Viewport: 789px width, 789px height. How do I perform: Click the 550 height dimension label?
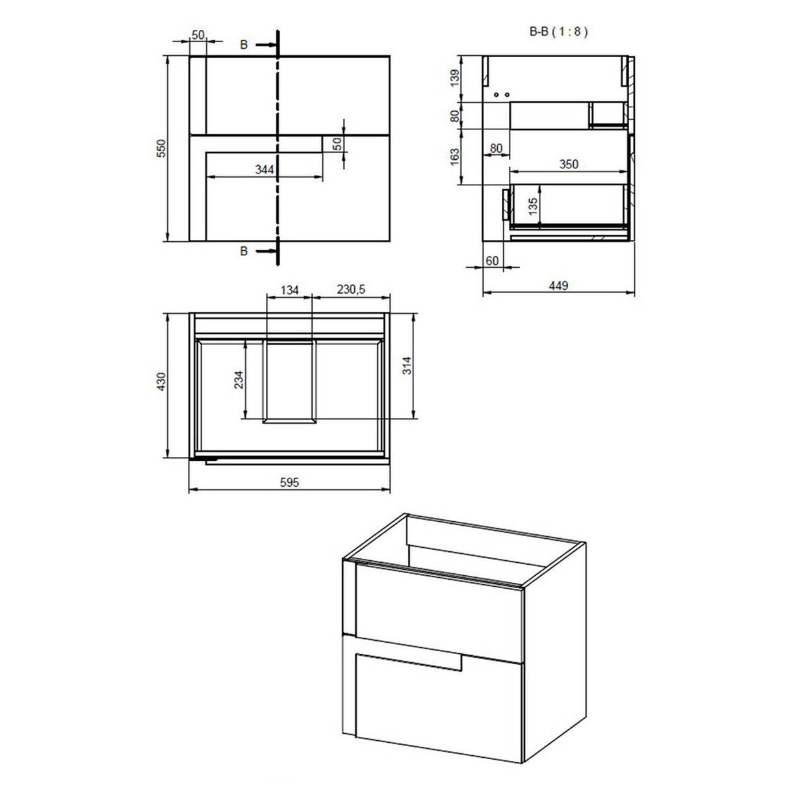[x=163, y=148]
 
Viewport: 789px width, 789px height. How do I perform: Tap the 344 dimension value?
[x=265, y=170]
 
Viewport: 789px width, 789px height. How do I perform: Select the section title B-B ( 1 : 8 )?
[x=559, y=31]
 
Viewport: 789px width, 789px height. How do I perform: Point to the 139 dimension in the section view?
[x=455, y=78]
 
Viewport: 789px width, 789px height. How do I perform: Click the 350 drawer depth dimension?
[x=569, y=164]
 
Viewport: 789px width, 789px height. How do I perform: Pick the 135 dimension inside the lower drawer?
[x=533, y=207]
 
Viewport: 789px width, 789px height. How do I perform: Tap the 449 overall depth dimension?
[x=558, y=285]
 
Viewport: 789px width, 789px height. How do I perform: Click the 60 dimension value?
[x=492, y=261]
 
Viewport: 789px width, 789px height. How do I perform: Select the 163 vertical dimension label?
[x=455, y=157]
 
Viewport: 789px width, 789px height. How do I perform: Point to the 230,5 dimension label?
[x=351, y=290]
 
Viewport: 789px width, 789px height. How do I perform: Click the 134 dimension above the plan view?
[x=289, y=290]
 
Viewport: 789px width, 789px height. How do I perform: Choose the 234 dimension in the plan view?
[x=239, y=380]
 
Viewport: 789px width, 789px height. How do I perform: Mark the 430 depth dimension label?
[x=162, y=383]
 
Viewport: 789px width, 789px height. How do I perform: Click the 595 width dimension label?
[x=289, y=482]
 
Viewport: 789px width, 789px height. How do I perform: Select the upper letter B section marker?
[x=244, y=45]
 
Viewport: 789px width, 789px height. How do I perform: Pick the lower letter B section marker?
[x=244, y=251]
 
